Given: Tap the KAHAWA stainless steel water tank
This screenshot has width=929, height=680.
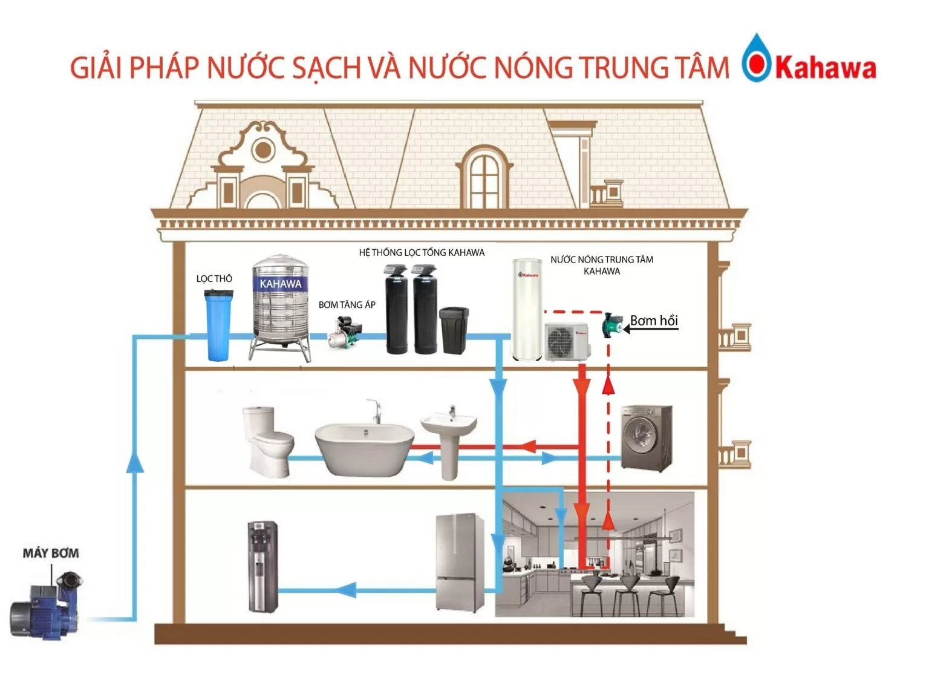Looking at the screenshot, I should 281,306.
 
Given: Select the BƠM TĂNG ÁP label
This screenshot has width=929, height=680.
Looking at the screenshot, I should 347,305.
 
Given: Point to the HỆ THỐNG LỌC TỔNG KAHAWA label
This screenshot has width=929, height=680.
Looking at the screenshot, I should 422,253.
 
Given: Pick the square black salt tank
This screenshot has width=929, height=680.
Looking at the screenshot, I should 453,330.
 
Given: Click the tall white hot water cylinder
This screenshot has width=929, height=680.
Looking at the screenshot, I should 527,309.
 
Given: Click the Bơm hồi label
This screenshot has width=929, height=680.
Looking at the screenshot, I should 654,321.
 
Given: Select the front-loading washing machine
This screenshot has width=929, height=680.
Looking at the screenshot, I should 647,439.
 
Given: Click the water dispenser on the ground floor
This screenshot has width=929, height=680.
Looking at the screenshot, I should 263,566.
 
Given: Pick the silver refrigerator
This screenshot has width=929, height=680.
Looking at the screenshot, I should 460,563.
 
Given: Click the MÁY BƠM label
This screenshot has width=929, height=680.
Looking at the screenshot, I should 51,553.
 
